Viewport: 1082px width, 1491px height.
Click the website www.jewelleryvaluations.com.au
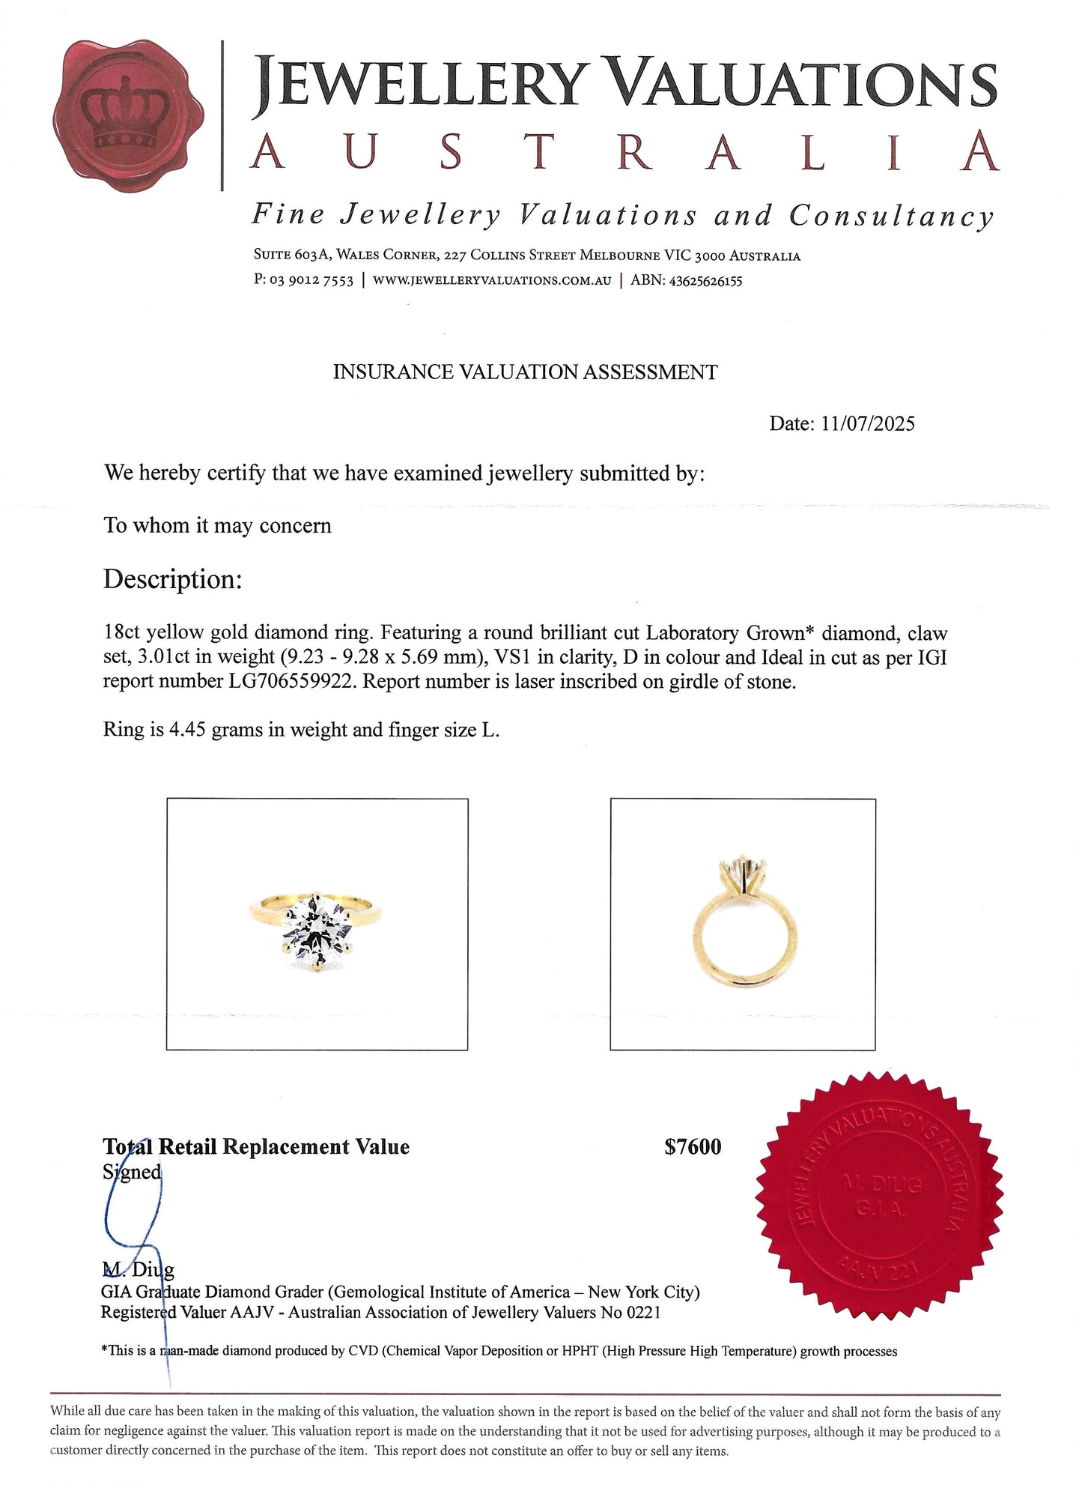pyautogui.click(x=491, y=282)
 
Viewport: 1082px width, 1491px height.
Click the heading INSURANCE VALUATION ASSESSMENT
pyautogui.click(x=525, y=372)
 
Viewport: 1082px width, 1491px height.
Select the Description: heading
pyautogui.click(x=172, y=579)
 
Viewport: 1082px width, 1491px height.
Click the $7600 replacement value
pyautogui.click(x=693, y=1147)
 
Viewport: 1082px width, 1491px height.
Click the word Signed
pyautogui.click(x=132, y=1172)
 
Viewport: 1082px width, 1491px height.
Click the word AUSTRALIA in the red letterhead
pyautogui.click(x=623, y=153)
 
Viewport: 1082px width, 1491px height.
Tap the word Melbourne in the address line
pyautogui.click(x=618, y=256)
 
